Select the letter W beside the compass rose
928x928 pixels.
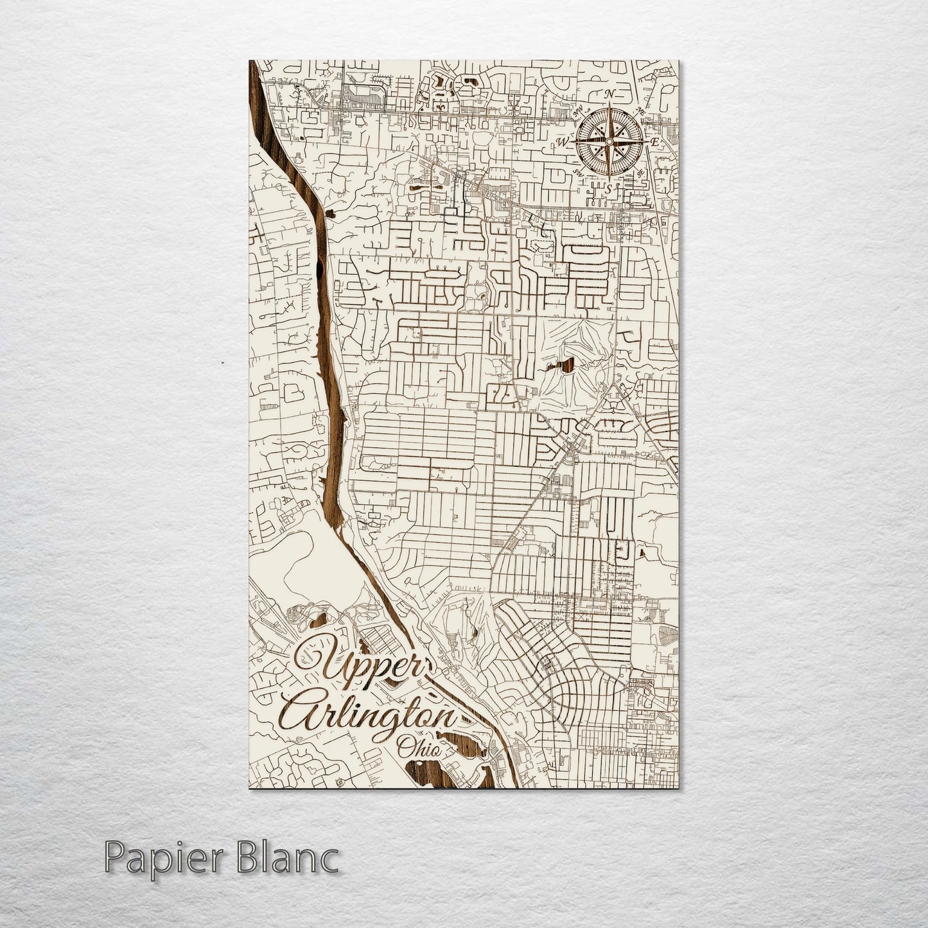(561, 141)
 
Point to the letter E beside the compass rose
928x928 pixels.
(654, 141)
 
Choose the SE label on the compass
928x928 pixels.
(640, 173)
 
